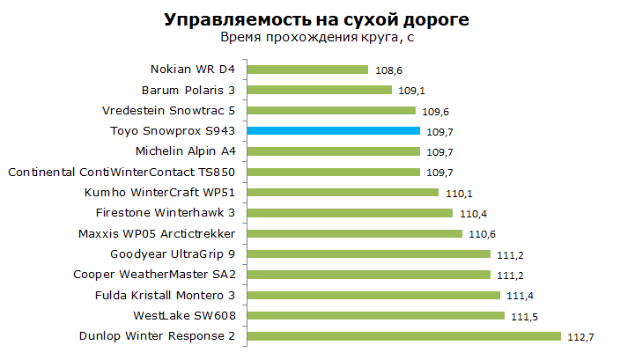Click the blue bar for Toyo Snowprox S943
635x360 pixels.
(333, 131)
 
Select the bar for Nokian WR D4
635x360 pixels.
(307, 70)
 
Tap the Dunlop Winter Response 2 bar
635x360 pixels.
(403, 336)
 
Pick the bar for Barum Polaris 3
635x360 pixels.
(319, 90)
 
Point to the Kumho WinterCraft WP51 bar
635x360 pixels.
(343, 193)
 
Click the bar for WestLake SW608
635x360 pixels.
(376, 315)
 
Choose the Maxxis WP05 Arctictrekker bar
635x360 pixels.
(354, 233)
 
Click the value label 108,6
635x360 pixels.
(388, 70)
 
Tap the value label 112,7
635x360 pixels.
(580, 337)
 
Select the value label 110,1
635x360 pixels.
(459, 194)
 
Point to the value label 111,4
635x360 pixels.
(520, 296)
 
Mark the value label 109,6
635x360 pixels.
(435, 112)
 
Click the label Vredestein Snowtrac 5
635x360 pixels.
(168, 111)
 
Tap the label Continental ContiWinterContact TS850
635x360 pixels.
(122, 173)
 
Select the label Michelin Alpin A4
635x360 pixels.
(186, 151)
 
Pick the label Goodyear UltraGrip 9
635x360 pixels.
(173, 254)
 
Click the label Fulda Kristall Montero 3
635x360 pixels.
(165, 296)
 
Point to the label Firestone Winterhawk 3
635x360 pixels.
(166, 213)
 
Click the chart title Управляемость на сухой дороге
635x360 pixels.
(317, 20)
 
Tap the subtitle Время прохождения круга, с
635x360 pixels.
(317, 37)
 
